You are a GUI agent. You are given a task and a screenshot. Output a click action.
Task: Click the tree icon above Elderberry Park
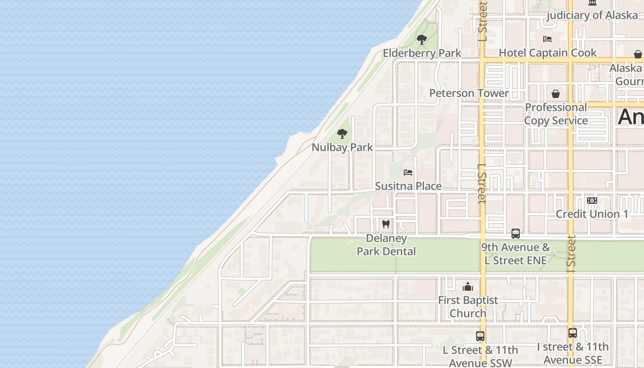click(x=421, y=40)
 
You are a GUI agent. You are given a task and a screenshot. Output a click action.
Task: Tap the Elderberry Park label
click(x=422, y=53)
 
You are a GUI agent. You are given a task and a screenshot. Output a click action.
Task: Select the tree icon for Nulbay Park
click(x=342, y=134)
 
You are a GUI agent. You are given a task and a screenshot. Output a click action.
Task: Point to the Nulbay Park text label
click(x=342, y=148)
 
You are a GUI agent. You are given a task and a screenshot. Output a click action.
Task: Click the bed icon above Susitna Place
click(x=408, y=172)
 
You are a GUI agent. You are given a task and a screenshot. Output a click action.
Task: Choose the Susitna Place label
click(x=408, y=186)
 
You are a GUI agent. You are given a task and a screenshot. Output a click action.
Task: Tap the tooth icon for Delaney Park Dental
click(x=386, y=224)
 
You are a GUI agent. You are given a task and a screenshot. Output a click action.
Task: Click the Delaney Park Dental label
click(x=386, y=245)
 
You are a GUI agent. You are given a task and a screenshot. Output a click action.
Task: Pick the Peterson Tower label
click(x=469, y=93)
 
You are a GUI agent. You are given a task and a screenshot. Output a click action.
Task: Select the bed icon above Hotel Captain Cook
click(x=547, y=39)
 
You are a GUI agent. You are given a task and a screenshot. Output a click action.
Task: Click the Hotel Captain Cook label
click(x=547, y=53)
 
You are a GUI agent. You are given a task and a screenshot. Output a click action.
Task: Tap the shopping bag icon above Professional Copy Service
click(x=556, y=94)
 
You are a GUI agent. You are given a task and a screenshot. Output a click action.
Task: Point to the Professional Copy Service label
click(x=556, y=114)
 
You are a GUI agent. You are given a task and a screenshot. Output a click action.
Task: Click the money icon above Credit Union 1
click(x=592, y=201)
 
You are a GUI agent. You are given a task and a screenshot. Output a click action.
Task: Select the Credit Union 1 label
click(x=592, y=214)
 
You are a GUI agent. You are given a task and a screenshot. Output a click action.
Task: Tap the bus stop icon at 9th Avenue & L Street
click(x=515, y=234)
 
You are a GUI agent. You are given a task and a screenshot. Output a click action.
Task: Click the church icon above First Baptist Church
click(x=468, y=287)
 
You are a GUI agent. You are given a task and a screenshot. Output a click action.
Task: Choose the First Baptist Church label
click(x=468, y=307)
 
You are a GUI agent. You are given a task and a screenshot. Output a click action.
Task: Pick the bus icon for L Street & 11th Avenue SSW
click(x=480, y=336)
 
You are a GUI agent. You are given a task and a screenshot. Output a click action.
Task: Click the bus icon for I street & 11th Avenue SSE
click(x=573, y=333)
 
